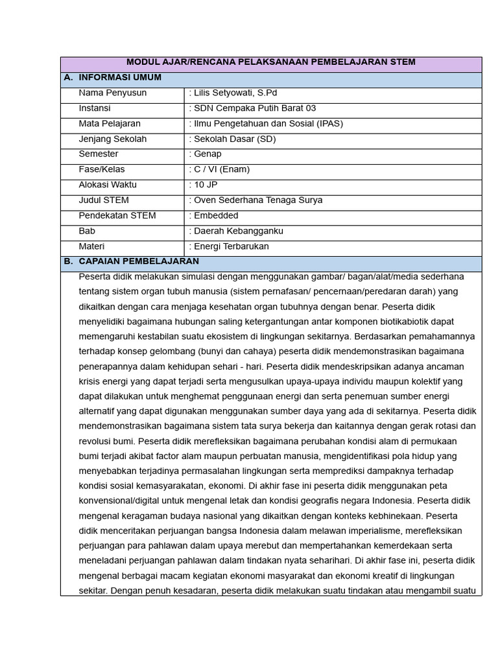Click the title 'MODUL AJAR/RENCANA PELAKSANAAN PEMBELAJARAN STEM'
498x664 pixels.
(271, 62)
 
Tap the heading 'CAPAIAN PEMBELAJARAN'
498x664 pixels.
(139, 261)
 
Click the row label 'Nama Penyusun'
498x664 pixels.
(112, 93)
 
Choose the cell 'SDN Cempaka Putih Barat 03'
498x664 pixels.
(254, 108)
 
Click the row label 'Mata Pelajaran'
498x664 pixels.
(110, 124)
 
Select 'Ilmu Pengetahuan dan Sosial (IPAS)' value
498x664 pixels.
(267, 124)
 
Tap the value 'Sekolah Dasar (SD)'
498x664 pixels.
(234, 139)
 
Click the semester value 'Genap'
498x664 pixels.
(207, 154)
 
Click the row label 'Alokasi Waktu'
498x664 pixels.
(108, 185)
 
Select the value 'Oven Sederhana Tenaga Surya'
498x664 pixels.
(257, 200)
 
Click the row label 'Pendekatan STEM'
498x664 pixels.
(117, 216)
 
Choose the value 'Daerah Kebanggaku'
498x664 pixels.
(238, 231)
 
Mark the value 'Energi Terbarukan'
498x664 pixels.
(231, 246)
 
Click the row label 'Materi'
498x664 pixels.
(91, 246)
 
